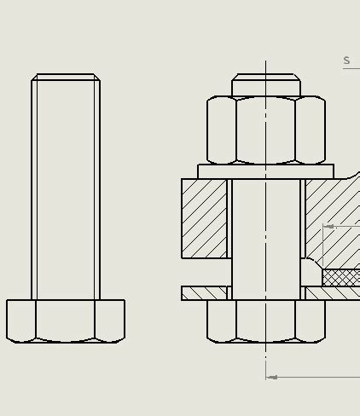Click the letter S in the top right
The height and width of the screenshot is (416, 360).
[x=346, y=61]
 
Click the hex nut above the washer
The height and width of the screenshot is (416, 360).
[x=265, y=130]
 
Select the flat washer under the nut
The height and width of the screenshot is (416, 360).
[x=265, y=171]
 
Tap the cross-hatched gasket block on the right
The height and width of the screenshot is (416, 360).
[x=340, y=277]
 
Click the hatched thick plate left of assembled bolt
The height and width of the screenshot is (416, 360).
[x=204, y=218]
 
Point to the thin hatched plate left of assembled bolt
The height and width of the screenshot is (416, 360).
[x=204, y=293]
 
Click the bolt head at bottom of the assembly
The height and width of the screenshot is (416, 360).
[x=265, y=321]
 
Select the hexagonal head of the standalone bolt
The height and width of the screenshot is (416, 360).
[x=66, y=321]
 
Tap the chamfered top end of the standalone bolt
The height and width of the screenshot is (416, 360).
[x=66, y=78]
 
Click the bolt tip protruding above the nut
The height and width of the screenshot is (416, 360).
[x=265, y=86]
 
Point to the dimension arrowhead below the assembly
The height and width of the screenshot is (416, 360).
[x=272, y=377]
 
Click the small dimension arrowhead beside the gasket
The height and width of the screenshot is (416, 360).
[x=329, y=227]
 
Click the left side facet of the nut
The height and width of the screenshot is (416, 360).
[x=221, y=130]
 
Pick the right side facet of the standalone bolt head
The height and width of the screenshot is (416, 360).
[x=109, y=321]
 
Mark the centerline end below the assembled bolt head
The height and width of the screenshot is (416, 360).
[x=265, y=355]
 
